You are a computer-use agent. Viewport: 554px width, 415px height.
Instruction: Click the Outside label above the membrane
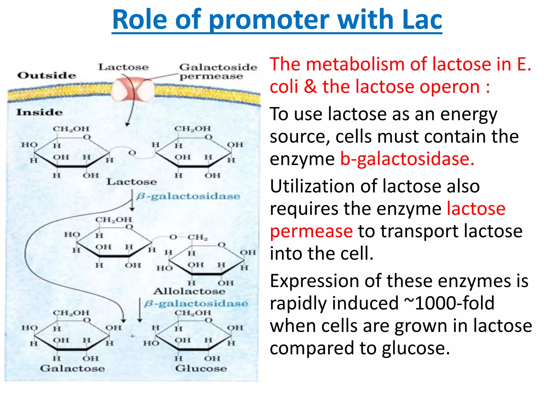pos(47,75)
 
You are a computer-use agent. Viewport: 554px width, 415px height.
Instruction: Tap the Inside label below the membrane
pos(39,112)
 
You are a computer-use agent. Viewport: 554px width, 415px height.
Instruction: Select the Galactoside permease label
pos(218,71)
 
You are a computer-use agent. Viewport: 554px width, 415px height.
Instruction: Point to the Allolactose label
pos(189,291)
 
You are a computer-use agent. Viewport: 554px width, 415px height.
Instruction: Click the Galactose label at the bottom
pos(72,369)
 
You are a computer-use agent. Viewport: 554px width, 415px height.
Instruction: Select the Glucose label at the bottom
pos(201,369)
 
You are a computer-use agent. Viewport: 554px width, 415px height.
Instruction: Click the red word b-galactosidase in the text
pos(407,159)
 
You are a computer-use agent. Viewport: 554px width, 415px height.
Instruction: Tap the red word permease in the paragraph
pos(311,231)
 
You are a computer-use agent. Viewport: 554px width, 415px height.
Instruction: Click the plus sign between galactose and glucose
pos(132,336)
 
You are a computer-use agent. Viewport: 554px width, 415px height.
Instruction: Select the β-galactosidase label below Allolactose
pos(196,304)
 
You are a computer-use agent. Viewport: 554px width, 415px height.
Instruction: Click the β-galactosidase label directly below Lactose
pos(188,196)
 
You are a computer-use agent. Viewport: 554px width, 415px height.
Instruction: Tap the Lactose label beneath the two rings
pos(131,182)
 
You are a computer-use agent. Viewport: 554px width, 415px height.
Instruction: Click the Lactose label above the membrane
pos(123,67)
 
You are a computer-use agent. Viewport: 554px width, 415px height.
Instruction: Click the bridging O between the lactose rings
pos(132,153)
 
